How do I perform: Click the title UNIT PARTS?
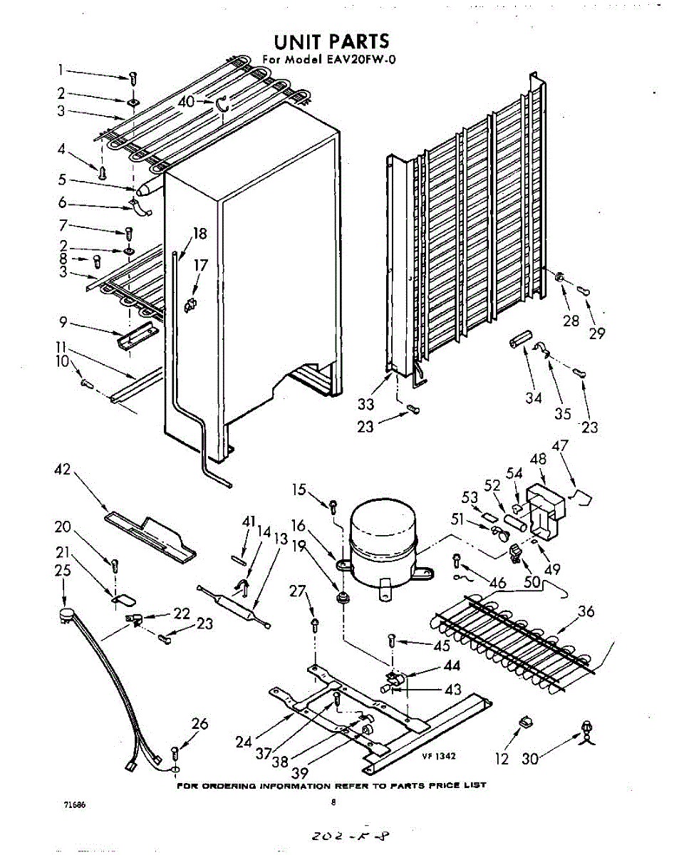[x=332, y=41]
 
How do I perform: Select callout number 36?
[x=585, y=611]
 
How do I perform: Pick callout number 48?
[x=539, y=459]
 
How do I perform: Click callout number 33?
[x=365, y=405]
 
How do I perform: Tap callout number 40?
[x=187, y=102]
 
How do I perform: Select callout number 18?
[x=199, y=234]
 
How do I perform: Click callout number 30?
[x=529, y=759]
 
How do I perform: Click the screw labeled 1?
[x=133, y=77]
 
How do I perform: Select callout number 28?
[x=571, y=321]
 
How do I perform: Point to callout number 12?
[x=502, y=759]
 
